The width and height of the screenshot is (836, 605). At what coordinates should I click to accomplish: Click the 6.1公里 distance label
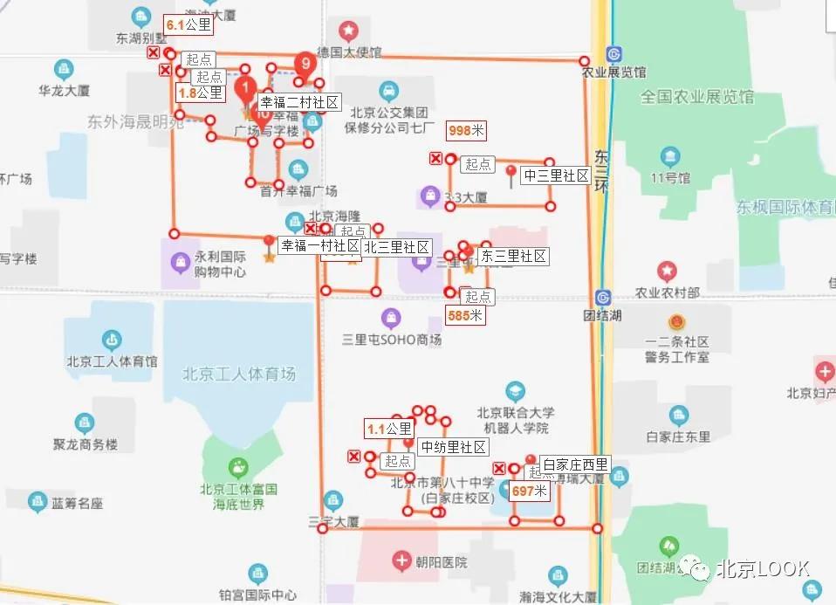pos(188,24)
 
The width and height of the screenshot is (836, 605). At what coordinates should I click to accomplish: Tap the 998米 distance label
pos(466,130)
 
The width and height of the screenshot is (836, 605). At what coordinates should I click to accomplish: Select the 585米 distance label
pos(465,315)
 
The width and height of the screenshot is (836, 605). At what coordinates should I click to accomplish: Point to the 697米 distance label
pos(529,492)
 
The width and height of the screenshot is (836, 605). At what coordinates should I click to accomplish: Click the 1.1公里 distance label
pos(388,429)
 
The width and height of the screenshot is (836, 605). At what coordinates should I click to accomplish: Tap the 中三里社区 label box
pos(556,175)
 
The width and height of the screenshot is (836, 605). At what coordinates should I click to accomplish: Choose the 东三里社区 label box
pos(513,256)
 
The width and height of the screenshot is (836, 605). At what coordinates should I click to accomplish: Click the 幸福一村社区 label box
pos(320,246)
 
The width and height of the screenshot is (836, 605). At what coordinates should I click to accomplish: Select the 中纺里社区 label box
pos(453,447)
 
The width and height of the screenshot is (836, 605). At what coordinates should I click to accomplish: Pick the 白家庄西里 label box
pos(575,464)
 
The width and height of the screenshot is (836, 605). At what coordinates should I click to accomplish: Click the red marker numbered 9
pos(305,62)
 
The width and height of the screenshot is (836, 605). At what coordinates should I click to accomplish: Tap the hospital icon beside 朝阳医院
pos(401,560)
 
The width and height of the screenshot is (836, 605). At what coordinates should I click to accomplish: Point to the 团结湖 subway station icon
pos(602,297)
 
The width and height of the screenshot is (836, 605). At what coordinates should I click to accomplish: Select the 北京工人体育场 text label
pos(239,374)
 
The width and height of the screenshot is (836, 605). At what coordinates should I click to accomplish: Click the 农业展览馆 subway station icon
pos(615,53)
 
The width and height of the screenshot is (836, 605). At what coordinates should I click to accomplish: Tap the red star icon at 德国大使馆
pos(348,32)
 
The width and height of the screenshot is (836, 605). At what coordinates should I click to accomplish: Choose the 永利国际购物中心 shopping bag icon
pos(181,260)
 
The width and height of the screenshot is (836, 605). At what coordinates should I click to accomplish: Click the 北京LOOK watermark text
pos(763,568)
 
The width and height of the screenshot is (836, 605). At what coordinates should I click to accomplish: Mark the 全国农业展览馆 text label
pos(696,97)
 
